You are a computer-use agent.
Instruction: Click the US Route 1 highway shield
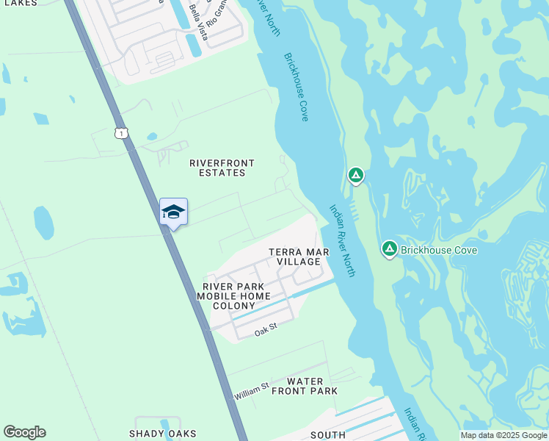coord(121,132)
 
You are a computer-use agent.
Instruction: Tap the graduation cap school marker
coord(173,212)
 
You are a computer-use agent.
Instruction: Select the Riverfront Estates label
coord(217,168)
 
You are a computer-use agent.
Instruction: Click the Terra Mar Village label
coord(299,257)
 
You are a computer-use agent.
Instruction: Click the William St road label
coord(252,390)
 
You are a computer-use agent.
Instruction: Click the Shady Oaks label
coord(163,434)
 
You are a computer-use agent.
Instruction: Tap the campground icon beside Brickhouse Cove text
coord(389,250)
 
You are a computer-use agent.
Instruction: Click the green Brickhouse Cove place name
coord(439,250)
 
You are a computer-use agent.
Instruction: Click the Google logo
coord(24,432)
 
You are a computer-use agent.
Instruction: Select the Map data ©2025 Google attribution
coord(504,435)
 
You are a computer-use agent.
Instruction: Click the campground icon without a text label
coord(355,175)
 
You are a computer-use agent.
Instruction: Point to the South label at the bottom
coord(328,435)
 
